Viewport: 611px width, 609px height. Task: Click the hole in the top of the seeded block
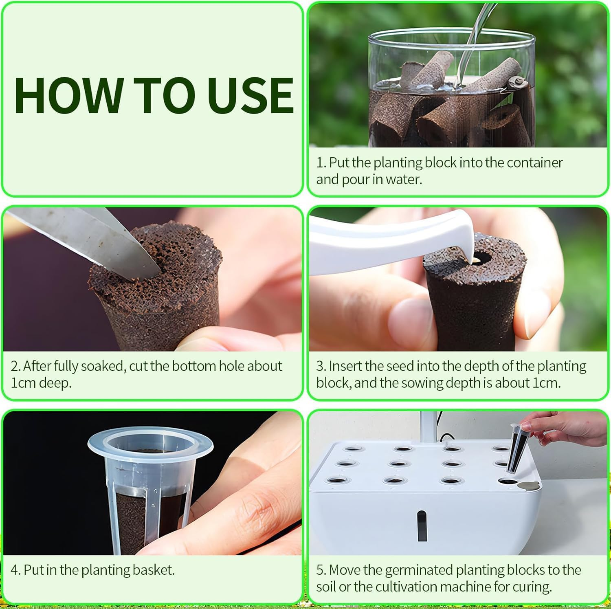[481, 258]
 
